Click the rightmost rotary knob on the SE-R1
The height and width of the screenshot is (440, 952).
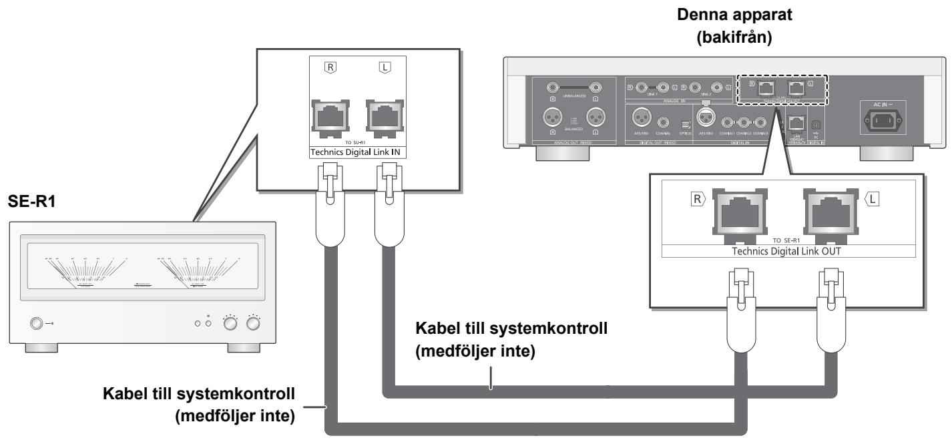coord(253,324)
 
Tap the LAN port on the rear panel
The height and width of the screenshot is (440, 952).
coord(795,122)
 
